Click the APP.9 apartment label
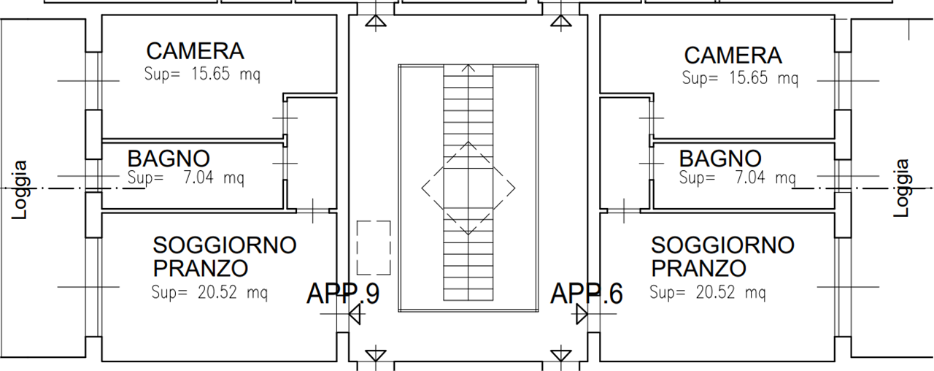click(343, 294)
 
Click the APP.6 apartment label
click(587, 294)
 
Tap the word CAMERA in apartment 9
click(195, 51)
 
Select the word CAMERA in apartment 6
click(733, 56)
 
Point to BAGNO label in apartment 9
click(169, 158)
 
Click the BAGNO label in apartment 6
click(720, 158)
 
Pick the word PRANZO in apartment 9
click(201, 268)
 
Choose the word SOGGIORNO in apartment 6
click(722, 245)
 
